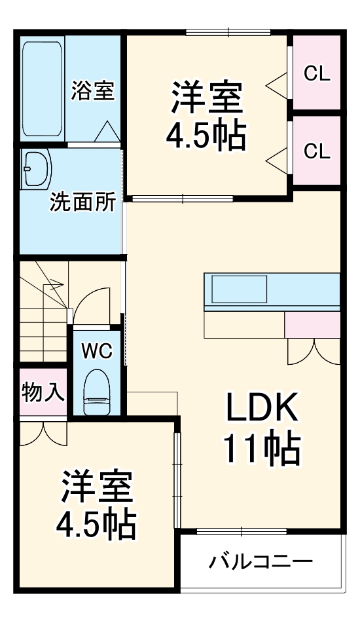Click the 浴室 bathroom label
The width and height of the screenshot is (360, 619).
93,91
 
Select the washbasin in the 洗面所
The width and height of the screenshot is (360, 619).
37,169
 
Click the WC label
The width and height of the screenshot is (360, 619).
96,350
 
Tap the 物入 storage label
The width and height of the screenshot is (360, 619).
43,393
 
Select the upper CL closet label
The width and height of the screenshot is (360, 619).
317,74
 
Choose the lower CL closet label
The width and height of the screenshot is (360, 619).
317,152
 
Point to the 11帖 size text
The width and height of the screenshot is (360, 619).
262,449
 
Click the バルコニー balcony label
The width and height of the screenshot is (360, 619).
261,561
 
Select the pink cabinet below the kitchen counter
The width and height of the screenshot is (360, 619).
312,325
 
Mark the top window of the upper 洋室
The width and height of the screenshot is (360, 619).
228,32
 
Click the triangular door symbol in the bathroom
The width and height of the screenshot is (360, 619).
105,132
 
